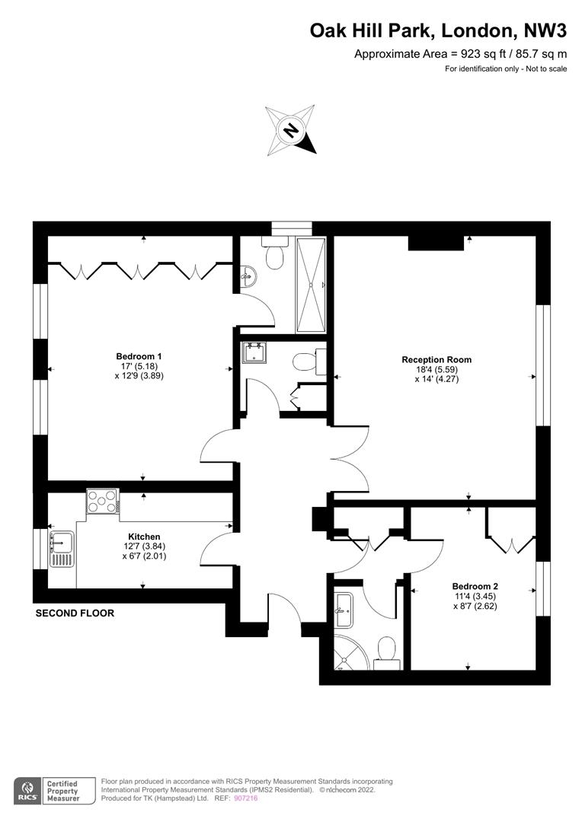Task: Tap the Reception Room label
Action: coord(437,359)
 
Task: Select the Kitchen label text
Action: coord(144,537)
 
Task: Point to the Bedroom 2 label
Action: coord(475,587)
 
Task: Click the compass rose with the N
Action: coord(291,129)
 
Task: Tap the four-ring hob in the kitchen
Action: coord(102,501)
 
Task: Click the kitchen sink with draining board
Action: coord(62,549)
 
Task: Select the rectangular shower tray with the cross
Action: coord(312,285)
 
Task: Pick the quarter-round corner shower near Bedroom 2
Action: coord(351,652)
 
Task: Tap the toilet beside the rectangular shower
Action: coord(275,253)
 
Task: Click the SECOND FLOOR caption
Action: coord(75,613)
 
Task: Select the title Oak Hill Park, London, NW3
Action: coord(438,31)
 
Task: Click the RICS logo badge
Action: coord(28,791)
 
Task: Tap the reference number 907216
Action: coord(246,798)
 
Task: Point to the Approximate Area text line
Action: coord(460,53)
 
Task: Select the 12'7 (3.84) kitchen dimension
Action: coord(144,546)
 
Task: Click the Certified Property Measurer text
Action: coord(62,791)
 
